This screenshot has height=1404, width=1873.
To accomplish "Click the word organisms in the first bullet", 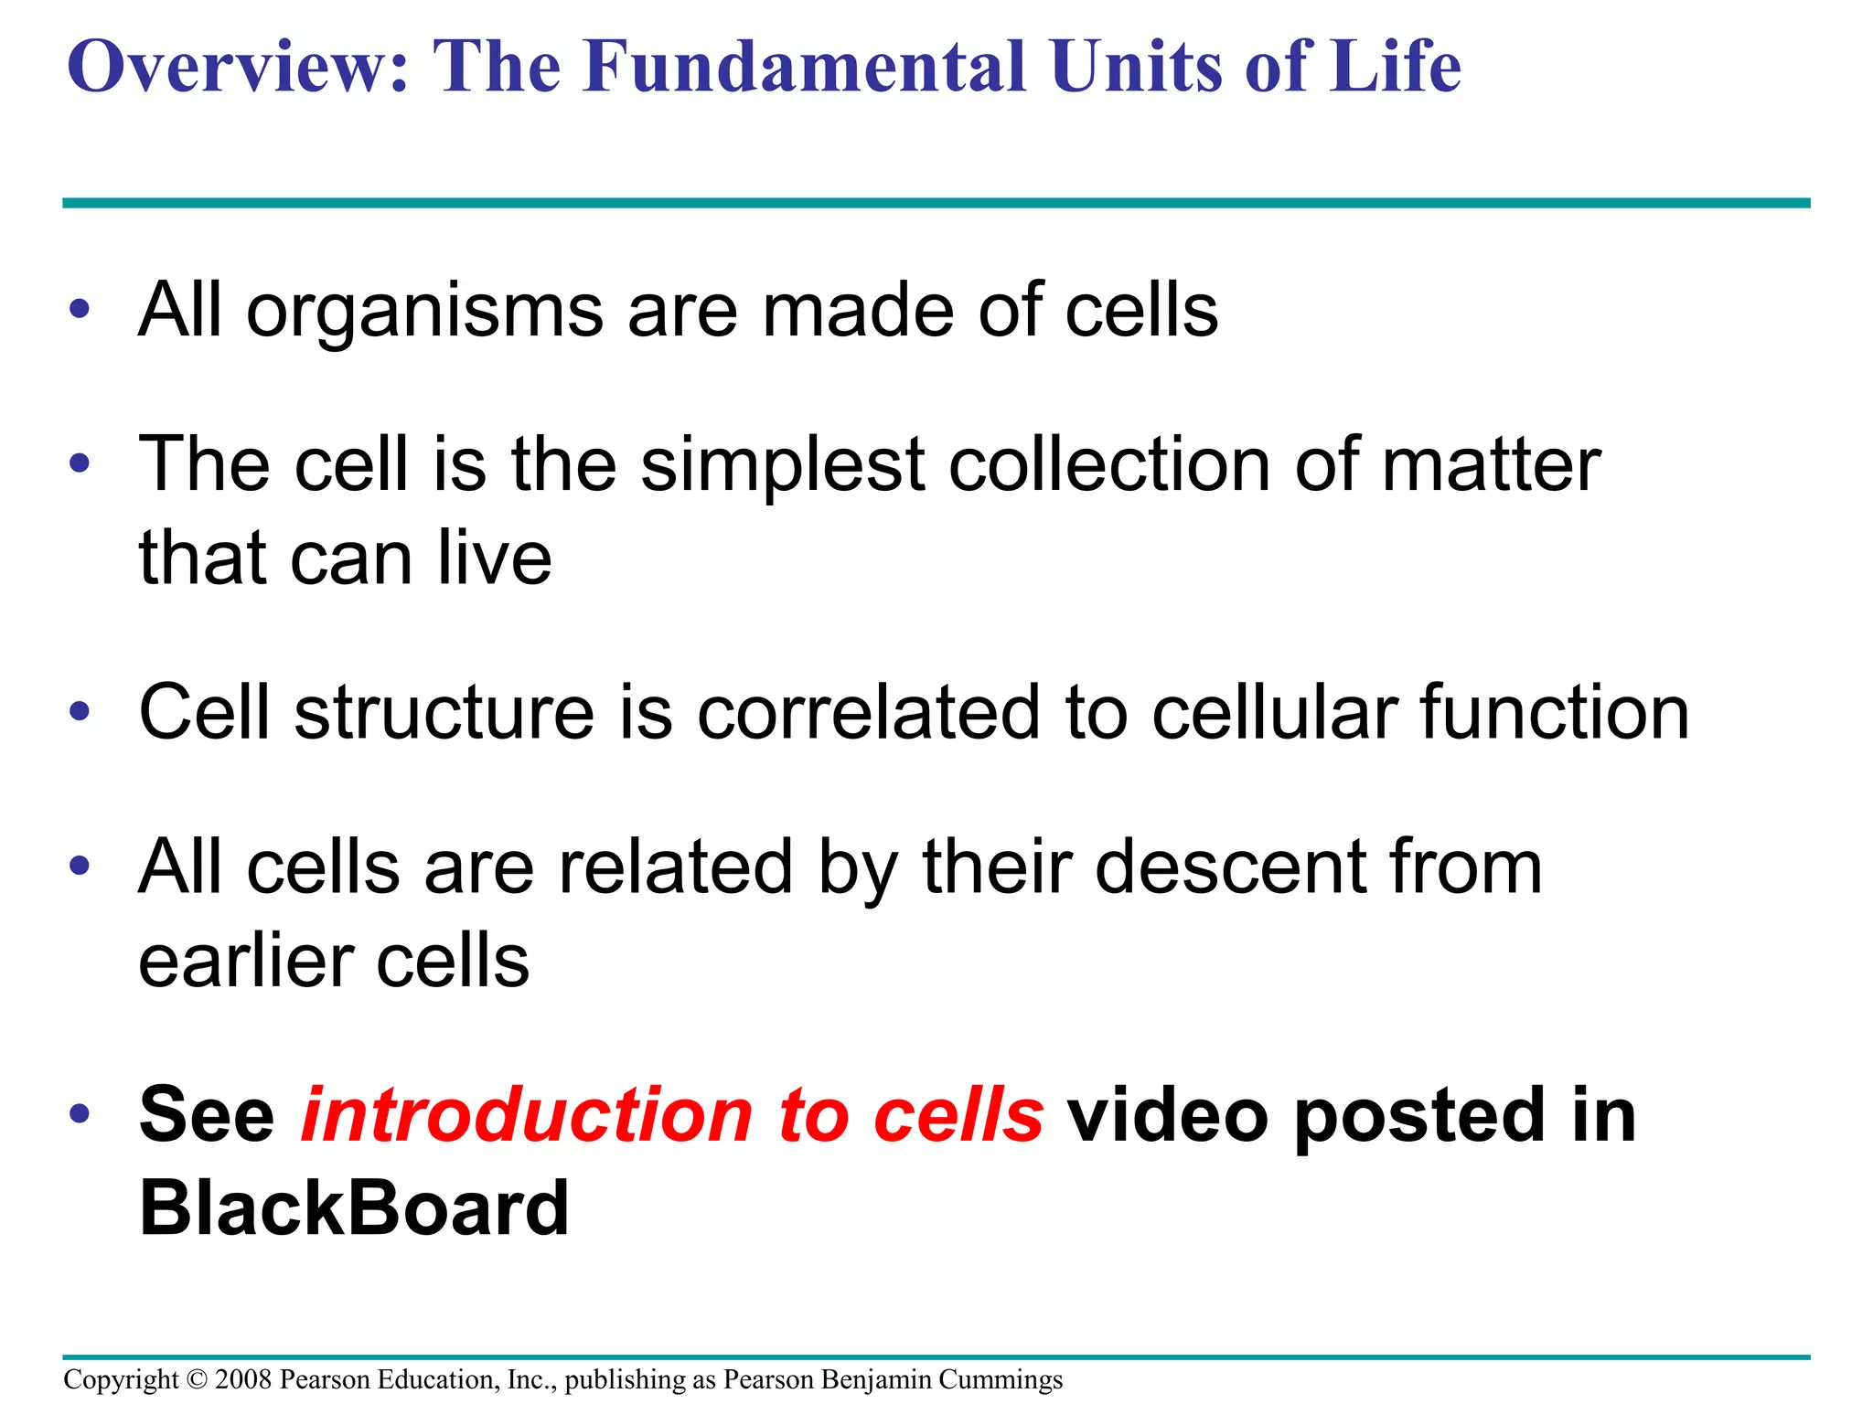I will (x=425, y=311).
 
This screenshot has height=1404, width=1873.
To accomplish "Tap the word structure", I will (x=444, y=713).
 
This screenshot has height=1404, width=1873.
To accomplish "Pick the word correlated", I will (x=869, y=713).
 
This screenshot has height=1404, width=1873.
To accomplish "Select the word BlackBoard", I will (x=354, y=1208).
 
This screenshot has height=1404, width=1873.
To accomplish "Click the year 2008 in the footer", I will (x=243, y=1379).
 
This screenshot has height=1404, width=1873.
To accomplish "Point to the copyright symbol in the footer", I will (x=197, y=1379).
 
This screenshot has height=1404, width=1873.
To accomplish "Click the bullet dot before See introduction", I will (x=80, y=1113).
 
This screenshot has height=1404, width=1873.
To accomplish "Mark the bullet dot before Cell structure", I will (x=80, y=711).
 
